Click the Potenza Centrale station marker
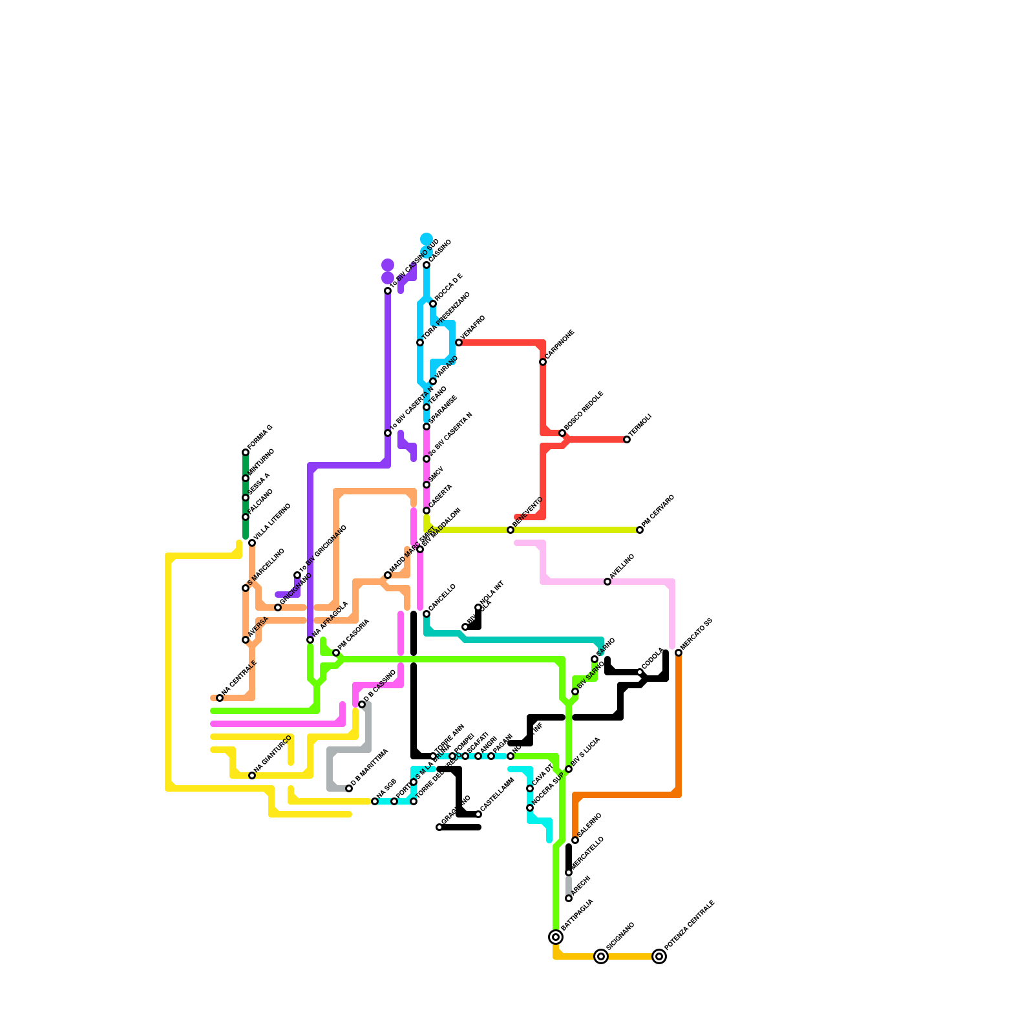click(x=659, y=956)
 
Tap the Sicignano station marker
click(x=601, y=956)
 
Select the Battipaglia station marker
click(x=556, y=937)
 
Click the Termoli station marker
click(x=627, y=439)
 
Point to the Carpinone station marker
click(x=543, y=362)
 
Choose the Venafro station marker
click(x=459, y=343)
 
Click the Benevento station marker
click(x=511, y=530)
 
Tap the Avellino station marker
click(x=607, y=582)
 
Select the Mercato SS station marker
click(x=679, y=653)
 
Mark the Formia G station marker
click(x=246, y=452)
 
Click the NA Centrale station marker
click(x=220, y=698)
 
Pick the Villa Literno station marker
click(x=252, y=543)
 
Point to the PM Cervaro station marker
click(x=640, y=530)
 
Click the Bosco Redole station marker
click(x=562, y=433)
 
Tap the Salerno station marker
click(x=575, y=840)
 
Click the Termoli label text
click(x=641, y=424)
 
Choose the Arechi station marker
click(x=569, y=898)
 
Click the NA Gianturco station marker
click(x=252, y=775)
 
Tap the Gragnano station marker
click(x=439, y=827)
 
